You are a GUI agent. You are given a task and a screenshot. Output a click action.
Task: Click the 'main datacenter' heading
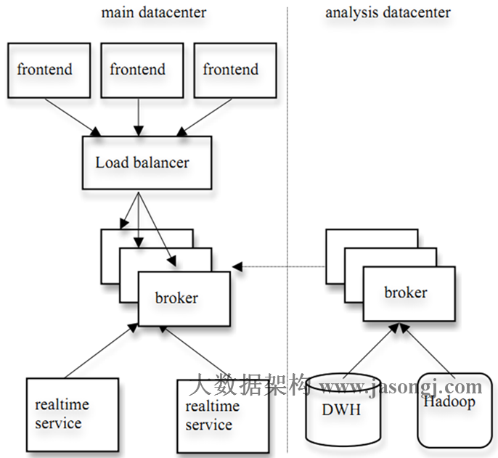pyautogui.click(x=153, y=12)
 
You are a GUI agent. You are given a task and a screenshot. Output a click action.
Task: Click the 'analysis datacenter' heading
pyautogui.click(x=388, y=12)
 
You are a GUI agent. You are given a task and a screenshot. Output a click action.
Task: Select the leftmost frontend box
pyautogui.click(x=45, y=70)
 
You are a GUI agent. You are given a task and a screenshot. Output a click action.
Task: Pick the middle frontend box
pyautogui.click(x=138, y=70)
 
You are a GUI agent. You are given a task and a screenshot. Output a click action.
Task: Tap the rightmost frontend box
pyautogui.click(x=231, y=70)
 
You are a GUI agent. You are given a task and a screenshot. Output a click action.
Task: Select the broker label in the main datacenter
pyautogui.click(x=176, y=298)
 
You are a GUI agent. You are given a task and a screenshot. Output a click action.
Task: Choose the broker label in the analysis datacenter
pyautogui.click(x=405, y=293)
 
